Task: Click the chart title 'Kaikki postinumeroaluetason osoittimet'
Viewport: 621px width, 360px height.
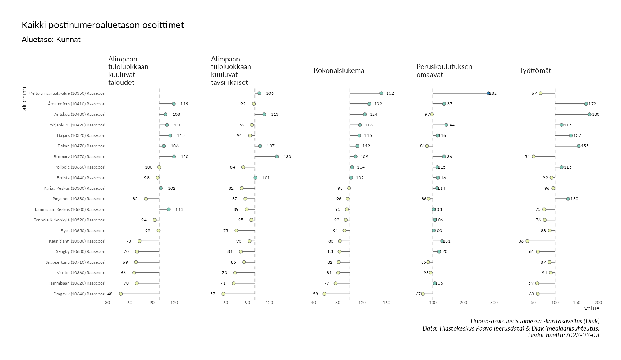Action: (x=103, y=25)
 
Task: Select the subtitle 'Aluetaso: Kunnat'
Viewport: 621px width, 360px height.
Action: (x=51, y=40)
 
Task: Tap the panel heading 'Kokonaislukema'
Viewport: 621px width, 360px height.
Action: (x=339, y=70)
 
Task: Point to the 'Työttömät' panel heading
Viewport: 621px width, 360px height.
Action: (x=535, y=70)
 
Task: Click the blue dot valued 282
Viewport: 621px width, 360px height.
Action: (x=488, y=93)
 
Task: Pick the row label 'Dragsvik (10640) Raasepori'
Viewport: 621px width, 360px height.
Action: (x=79, y=294)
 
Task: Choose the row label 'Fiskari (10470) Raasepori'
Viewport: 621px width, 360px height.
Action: (x=81, y=146)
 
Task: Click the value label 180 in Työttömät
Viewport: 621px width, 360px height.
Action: (x=595, y=114)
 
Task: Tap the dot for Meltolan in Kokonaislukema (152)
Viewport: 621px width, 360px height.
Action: (x=381, y=93)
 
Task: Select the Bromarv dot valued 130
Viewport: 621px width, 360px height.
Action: (x=277, y=157)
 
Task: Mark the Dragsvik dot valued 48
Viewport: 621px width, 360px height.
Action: (x=121, y=294)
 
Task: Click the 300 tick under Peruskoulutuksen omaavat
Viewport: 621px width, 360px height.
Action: (x=494, y=303)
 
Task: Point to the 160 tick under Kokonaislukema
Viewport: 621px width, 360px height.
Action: (x=386, y=303)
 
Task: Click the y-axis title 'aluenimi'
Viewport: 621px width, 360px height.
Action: (x=24, y=98)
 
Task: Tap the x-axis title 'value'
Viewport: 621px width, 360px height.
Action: (x=592, y=308)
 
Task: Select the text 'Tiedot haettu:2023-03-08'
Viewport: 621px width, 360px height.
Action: (x=563, y=335)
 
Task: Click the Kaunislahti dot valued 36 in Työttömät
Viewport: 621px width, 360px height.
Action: (x=527, y=241)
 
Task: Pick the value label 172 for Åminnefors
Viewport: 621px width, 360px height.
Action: (x=592, y=104)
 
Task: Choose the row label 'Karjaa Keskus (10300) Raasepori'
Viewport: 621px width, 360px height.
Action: (x=74, y=188)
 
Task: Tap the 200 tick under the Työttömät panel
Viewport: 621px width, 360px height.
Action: (x=598, y=303)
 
